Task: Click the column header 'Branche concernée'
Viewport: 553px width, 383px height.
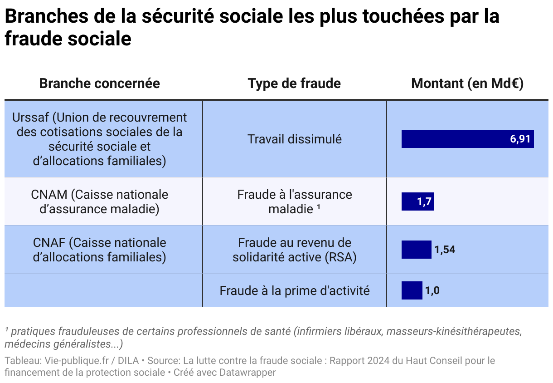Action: coord(99,83)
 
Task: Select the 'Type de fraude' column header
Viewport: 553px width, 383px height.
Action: coord(294,83)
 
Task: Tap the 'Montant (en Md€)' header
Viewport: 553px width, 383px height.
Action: coord(467,83)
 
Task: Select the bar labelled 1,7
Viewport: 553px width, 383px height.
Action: coord(417,201)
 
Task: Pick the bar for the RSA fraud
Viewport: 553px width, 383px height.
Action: coord(416,250)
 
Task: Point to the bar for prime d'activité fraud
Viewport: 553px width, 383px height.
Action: coord(412,290)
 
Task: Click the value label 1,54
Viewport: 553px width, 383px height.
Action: coord(445,250)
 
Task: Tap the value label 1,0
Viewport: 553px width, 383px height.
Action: coord(432,290)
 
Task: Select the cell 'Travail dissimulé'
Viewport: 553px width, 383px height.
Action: coord(294,139)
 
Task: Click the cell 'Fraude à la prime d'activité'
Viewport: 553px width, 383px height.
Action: coord(294,290)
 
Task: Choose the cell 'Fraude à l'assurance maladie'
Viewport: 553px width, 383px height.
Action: coord(294,201)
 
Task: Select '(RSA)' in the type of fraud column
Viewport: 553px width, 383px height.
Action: coord(340,257)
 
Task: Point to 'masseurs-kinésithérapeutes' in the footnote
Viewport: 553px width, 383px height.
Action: coord(453,331)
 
